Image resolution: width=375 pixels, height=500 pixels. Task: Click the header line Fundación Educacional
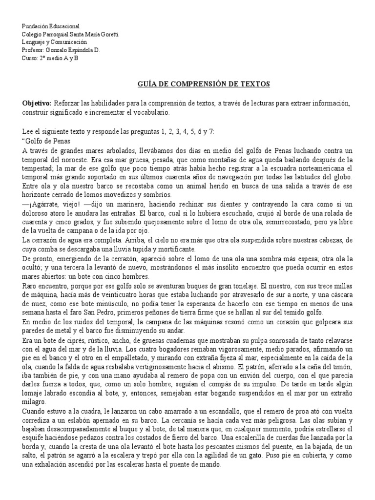click(x=51, y=26)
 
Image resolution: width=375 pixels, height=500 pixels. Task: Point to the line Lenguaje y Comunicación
click(x=58, y=42)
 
